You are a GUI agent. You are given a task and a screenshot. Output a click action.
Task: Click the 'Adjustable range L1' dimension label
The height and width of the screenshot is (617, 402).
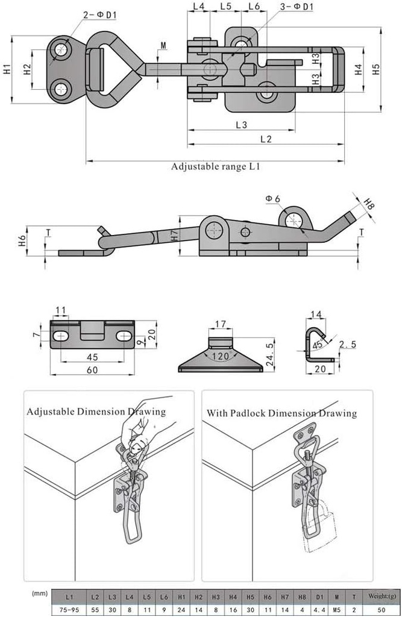point(215,167)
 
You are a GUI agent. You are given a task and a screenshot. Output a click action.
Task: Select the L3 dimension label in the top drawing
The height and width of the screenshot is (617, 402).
point(242,125)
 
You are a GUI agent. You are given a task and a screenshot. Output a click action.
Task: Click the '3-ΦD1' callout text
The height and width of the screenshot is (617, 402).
point(297,7)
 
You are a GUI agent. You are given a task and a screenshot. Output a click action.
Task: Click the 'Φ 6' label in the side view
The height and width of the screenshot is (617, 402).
point(272,199)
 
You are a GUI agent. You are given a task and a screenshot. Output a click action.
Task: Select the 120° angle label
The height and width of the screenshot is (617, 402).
point(221,357)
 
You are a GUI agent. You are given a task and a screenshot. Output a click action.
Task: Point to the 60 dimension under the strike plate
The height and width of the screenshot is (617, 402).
point(92,370)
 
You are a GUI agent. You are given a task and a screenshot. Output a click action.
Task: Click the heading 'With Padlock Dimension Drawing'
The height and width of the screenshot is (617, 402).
point(281,413)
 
